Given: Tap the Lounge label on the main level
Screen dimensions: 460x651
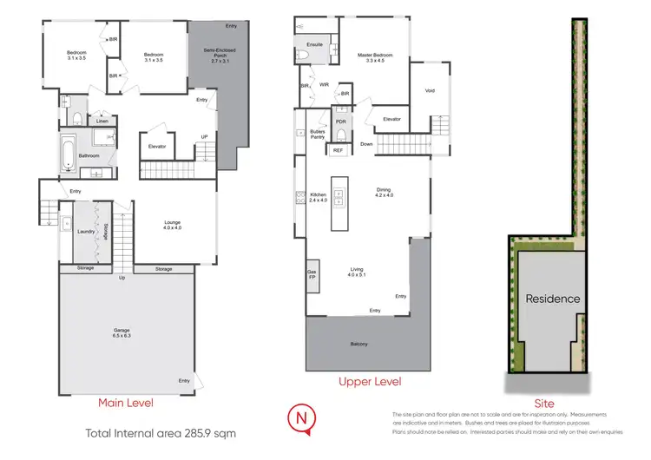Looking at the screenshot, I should click(173, 226).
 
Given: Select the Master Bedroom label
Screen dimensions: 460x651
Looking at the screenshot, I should click(376, 59).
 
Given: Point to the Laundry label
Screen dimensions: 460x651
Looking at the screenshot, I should click(85, 232).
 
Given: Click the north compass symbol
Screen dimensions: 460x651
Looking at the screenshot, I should click(301, 419).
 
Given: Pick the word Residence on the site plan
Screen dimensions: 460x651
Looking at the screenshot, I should click(552, 299).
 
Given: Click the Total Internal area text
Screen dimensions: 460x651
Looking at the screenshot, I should click(160, 432).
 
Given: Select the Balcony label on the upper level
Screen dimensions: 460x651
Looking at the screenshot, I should click(358, 345).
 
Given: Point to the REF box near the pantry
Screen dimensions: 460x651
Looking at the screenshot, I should click(337, 150).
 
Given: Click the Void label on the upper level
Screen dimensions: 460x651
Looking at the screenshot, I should click(430, 90).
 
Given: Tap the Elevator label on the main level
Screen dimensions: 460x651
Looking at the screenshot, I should click(157, 146).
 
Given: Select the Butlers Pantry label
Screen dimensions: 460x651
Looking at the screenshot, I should click(318, 134).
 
